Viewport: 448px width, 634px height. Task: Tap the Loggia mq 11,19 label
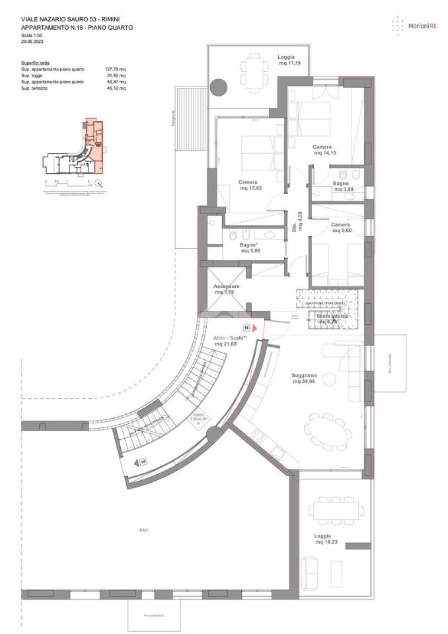tap(286, 60)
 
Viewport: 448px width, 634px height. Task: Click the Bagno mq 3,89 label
tap(341, 186)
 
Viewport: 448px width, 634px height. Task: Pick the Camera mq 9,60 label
tap(341, 227)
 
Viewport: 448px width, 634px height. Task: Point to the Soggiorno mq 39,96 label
tap(305, 378)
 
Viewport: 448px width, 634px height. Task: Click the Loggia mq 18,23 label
tap(323, 539)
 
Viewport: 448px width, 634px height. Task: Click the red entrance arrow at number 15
tap(255, 327)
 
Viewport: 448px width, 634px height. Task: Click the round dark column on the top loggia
tap(219, 87)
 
